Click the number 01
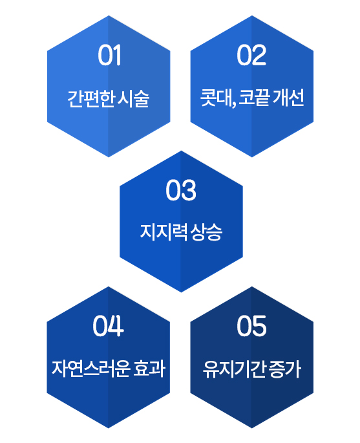tap(110, 55)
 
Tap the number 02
tap(251, 55)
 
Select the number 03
tap(181, 190)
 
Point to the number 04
tap(108, 326)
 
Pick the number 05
tap(251, 326)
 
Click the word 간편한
tap(90, 98)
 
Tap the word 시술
tap(133, 98)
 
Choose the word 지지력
tap(164, 232)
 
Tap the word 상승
tap(206, 232)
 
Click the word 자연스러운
tap(91, 369)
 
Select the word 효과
tap(149, 369)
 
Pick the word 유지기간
tap(234, 369)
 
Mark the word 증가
tap(284, 369)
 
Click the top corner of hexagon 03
tap(181, 151)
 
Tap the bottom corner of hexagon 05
tap(251, 428)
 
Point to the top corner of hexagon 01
tap(109, 16)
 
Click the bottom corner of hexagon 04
tap(108, 428)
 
